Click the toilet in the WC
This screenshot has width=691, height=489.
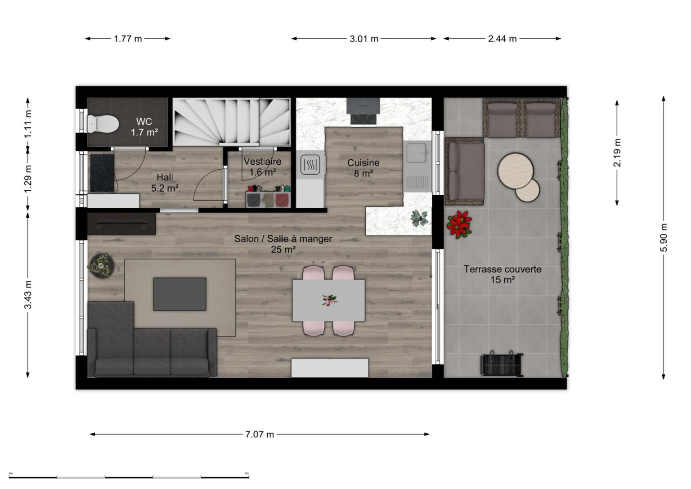[x=103, y=124]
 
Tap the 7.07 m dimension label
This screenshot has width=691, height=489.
[x=260, y=435]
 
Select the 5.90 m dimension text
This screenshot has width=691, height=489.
[x=664, y=238]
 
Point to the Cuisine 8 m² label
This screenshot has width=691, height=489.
[x=363, y=168]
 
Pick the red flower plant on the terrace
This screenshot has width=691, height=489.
[x=459, y=224]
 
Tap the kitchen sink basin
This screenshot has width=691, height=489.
[x=416, y=153]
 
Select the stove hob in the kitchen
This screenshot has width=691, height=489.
[x=363, y=119]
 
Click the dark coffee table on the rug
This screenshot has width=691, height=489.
[x=180, y=294]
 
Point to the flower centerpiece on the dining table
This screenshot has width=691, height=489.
[x=329, y=300]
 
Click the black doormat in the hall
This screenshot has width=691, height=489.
[x=102, y=173]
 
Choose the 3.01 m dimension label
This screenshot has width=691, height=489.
[x=363, y=39]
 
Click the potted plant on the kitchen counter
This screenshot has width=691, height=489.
[x=420, y=218]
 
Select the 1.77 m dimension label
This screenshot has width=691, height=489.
[x=128, y=39]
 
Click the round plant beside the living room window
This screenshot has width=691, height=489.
[x=101, y=265]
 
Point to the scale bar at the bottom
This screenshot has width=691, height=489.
[x=129, y=477]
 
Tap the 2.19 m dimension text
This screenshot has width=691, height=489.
[x=617, y=153]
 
